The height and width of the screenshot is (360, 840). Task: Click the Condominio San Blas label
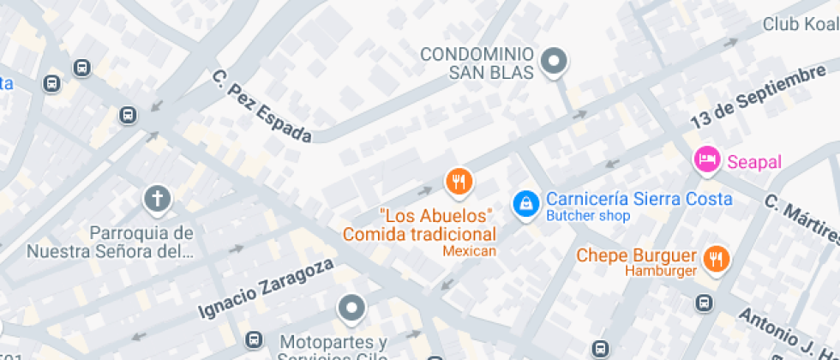click(x=478, y=63)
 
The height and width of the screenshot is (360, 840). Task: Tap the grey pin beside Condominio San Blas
click(x=557, y=61)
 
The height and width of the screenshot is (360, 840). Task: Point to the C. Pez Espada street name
click(x=261, y=107)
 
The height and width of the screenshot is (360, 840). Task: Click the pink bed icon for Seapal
click(x=706, y=159)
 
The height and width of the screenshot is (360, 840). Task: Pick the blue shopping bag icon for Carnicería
click(x=524, y=203)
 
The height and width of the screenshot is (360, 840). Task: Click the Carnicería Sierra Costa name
click(x=639, y=199)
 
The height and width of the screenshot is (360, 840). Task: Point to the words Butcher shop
click(x=588, y=216)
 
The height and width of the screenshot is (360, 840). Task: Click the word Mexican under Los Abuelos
click(x=469, y=251)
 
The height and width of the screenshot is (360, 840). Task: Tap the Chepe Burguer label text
click(x=635, y=255)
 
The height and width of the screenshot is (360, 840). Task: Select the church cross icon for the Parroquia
click(x=157, y=200)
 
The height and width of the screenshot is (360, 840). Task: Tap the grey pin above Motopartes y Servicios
click(x=351, y=306)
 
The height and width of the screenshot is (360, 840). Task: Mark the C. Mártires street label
click(x=801, y=217)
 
